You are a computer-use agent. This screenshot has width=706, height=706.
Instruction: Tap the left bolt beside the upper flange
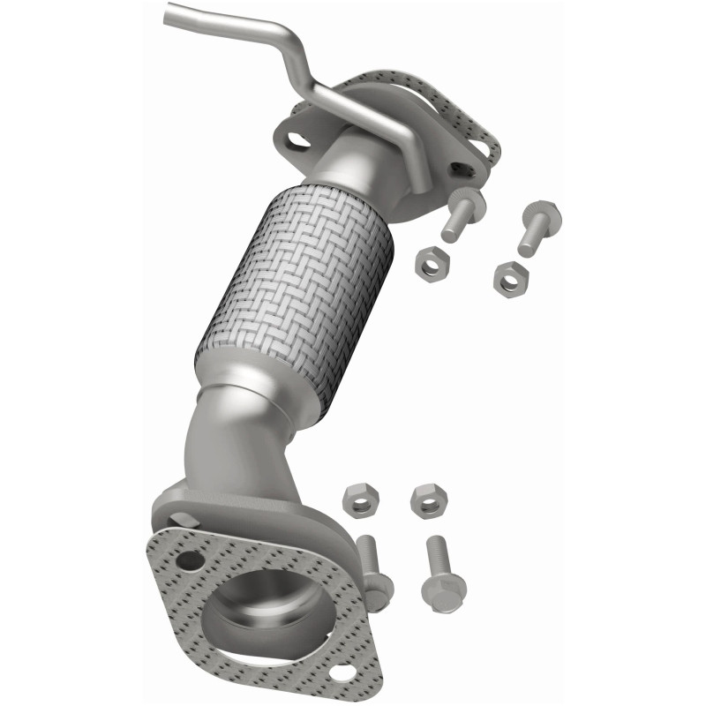click(460, 216)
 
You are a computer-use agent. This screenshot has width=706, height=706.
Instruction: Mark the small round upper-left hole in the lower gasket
click(187, 560)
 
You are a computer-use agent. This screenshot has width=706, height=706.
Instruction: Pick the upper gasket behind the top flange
click(472, 124)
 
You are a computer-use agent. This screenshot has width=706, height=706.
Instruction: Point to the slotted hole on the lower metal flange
click(181, 519)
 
